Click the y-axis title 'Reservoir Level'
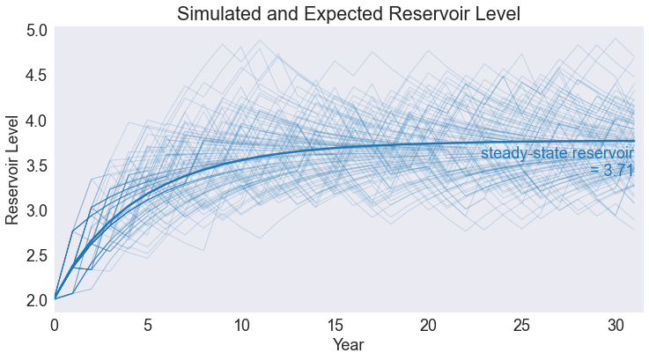point(13,168)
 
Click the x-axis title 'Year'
point(348,345)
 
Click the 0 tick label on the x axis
point(55,326)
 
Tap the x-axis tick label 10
point(241,326)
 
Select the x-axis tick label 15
point(335,326)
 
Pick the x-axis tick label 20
point(428,326)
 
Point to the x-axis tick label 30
point(615,326)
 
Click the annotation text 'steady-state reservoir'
point(557,154)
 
